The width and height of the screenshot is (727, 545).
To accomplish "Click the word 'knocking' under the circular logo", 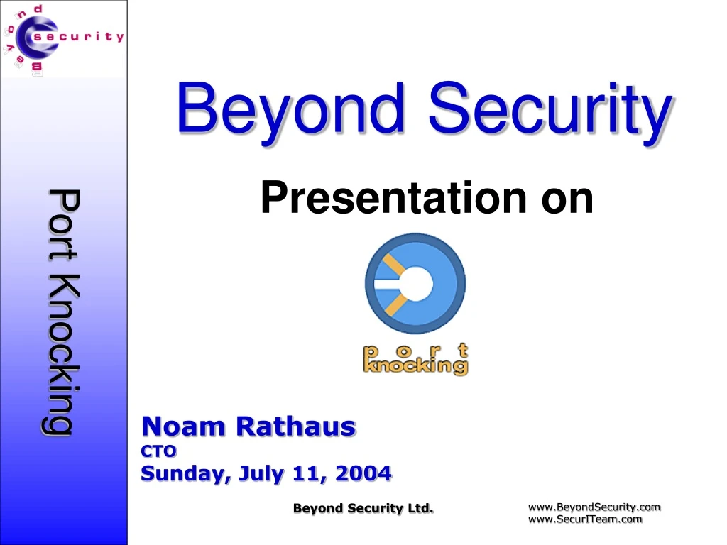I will [416, 366].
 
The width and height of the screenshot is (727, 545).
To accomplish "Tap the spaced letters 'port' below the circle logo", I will [416, 349].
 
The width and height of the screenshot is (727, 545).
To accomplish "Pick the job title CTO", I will [159, 451].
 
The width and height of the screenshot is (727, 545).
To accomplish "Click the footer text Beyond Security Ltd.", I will [363, 507].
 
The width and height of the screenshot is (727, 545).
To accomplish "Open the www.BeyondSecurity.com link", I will [594, 507].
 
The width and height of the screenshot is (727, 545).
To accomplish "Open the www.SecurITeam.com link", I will [585, 519].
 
